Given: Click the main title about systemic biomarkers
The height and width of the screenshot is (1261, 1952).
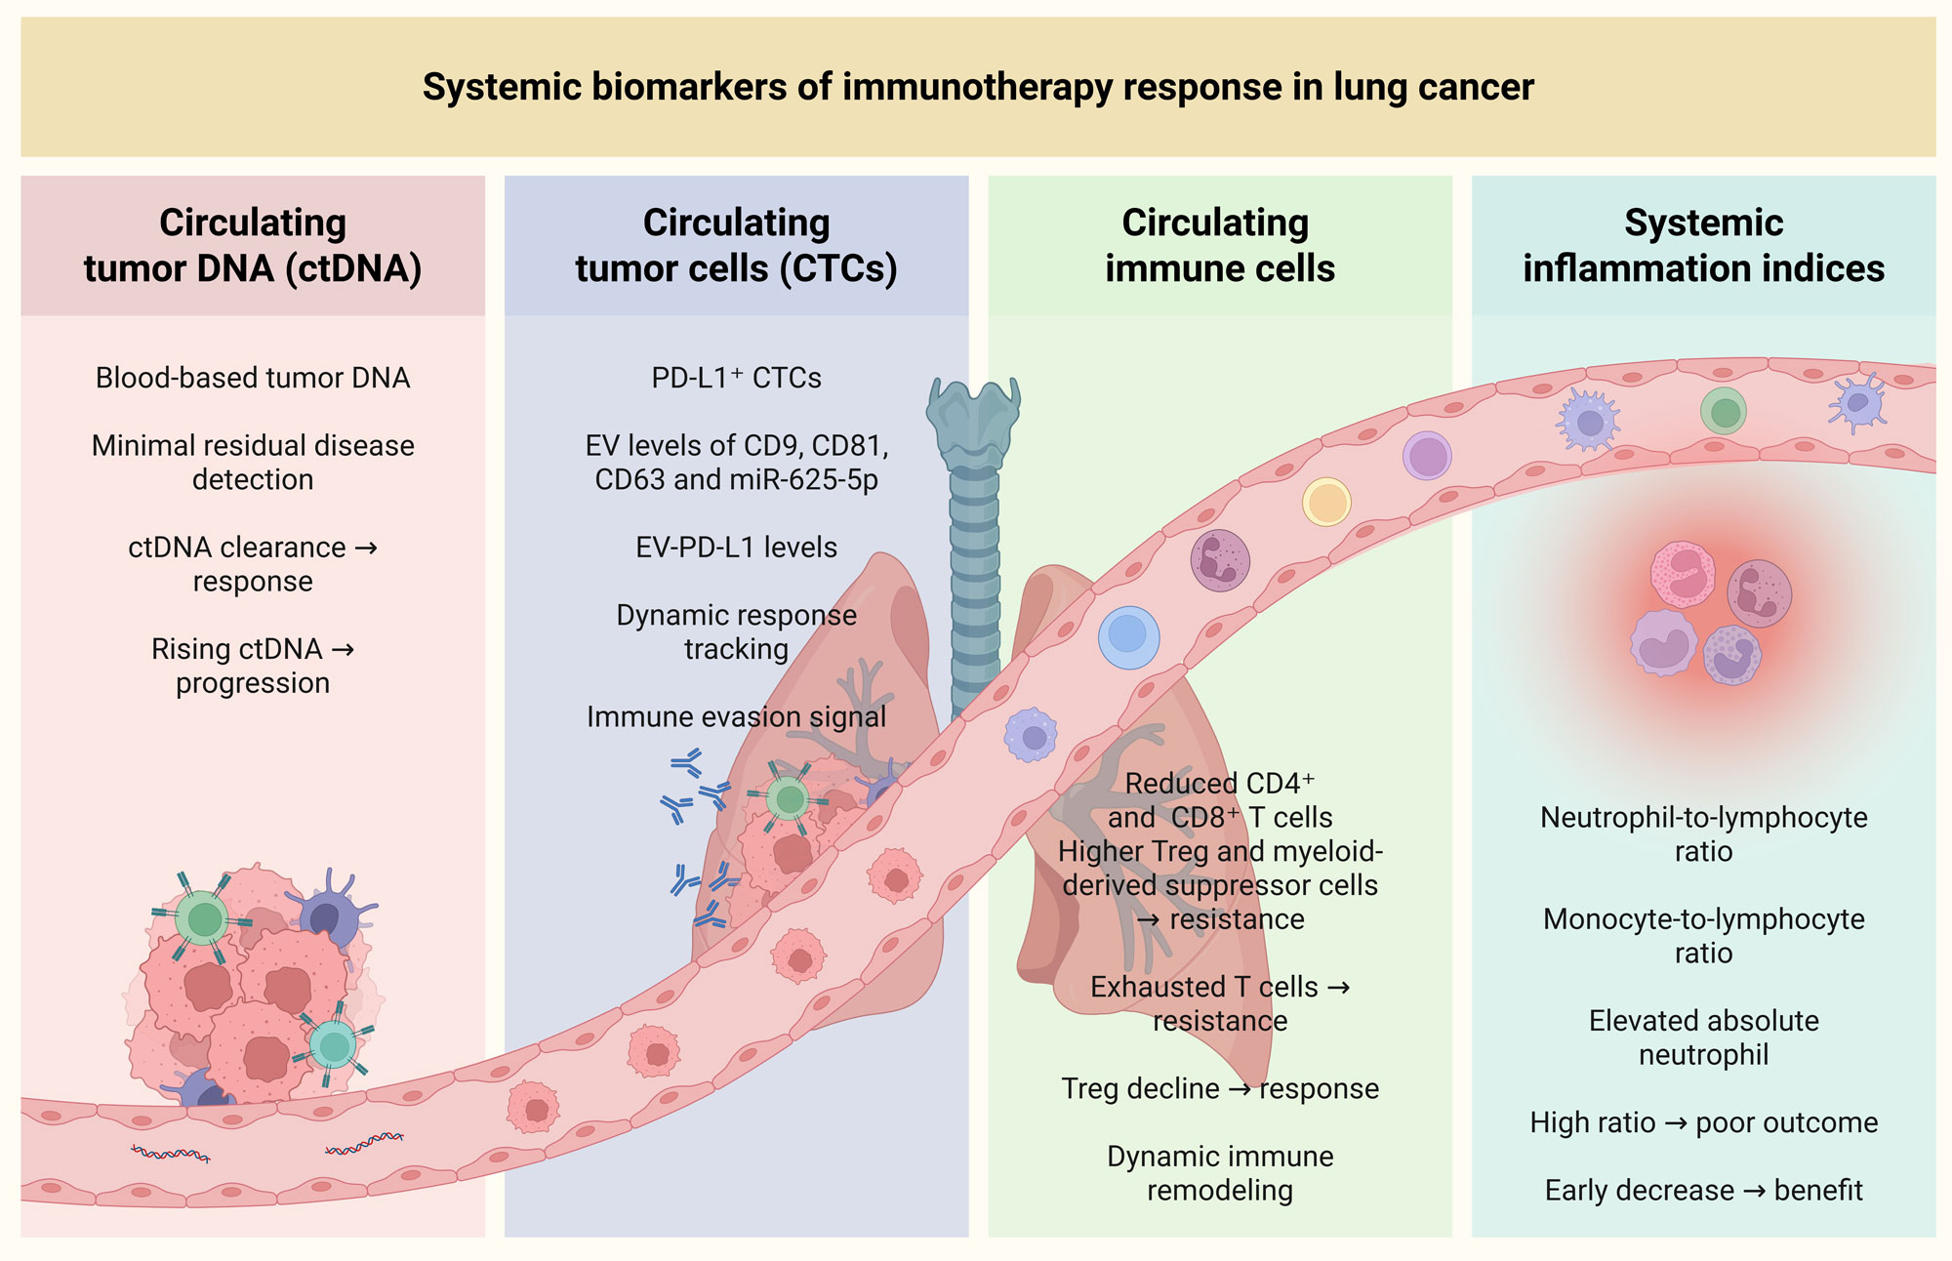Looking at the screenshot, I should coord(977,87).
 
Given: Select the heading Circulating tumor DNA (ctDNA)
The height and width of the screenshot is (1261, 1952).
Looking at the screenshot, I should coord(253,246).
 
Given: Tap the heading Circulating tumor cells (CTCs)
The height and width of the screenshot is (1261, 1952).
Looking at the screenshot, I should coord(736,246).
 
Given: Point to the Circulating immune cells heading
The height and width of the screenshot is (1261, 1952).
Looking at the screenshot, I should coord(1219,246).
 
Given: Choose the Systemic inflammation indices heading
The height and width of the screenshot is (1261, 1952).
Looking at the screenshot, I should coord(1703,246).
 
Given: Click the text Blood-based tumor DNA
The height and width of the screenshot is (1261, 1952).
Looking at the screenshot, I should coord(253,378).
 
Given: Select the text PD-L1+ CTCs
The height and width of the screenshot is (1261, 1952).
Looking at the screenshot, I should coord(736,378).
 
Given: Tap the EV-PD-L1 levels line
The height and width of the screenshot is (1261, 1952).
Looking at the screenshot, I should coord(736,548).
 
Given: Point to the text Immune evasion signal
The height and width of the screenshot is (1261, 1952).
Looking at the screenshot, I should coord(736,717).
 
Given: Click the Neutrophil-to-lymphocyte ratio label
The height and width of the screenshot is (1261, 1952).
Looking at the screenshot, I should coord(1703,834).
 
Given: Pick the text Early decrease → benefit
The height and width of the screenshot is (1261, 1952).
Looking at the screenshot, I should coord(1703,1191).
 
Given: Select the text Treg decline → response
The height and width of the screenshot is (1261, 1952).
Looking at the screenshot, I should coord(1220,1088).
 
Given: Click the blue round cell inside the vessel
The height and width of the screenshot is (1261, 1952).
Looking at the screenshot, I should coord(1128,636).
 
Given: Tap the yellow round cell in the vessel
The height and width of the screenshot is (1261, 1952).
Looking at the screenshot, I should coord(1326,503).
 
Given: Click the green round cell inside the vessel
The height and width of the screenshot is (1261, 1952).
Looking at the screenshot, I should coord(1724,411).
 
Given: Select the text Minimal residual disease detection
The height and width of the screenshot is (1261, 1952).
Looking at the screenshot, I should coord(253,463).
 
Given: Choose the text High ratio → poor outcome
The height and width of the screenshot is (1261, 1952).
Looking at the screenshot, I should coord(1703,1122).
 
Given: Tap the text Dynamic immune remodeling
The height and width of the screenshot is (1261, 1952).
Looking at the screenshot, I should coord(1220,1173).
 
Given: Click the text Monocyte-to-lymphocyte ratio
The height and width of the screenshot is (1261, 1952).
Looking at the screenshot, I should coord(1703,935).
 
